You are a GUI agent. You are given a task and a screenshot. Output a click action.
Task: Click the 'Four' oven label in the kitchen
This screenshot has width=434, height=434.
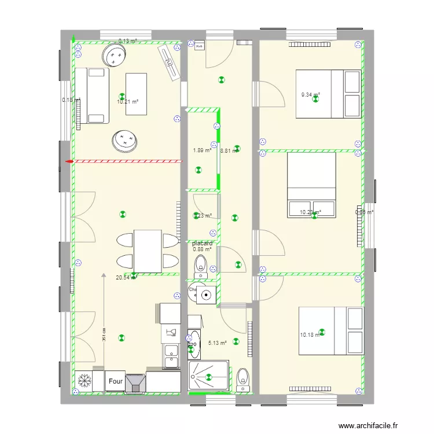115,381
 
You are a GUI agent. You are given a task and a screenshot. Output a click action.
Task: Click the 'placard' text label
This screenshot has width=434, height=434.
203,244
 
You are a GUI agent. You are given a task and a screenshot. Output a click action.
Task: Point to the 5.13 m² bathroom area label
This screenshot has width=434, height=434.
218,343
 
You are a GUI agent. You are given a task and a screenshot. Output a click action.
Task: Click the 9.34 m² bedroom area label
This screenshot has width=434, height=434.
310,95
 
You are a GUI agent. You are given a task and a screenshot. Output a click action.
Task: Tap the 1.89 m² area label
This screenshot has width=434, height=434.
202,150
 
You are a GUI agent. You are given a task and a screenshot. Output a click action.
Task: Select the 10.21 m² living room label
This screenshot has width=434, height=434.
127,102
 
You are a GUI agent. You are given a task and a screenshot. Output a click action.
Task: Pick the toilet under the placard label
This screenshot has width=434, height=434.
200,264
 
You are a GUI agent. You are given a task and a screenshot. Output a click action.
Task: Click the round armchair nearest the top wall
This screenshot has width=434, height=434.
114,56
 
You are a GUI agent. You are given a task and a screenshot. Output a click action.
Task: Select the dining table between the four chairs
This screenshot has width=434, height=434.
148,251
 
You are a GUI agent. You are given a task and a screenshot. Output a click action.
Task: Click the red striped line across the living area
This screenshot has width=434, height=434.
124,161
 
